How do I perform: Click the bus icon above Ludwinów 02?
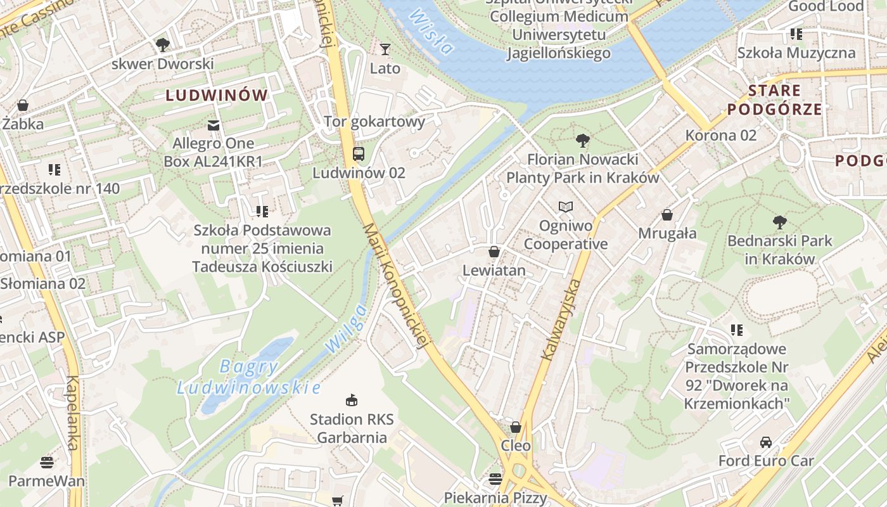click(x=359, y=153)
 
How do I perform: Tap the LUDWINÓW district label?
click(x=217, y=96)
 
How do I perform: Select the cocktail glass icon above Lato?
click(x=385, y=49)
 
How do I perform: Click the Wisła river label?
click(x=431, y=31)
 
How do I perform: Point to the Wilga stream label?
click(x=345, y=329)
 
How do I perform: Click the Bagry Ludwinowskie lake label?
click(x=248, y=377)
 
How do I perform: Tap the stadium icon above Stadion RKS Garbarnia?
click(x=352, y=400)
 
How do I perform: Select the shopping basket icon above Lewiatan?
click(x=494, y=252)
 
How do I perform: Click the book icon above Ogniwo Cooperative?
click(x=566, y=207)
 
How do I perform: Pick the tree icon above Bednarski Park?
click(x=780, y=222)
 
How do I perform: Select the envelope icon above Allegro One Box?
click(x=214, y=125)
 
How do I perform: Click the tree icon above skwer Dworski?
click(x=163, y=44)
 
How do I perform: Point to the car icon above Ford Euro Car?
click(x=766, y=442)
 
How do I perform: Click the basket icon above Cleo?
click(x=516, y=427)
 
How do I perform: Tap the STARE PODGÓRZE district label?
click(x=774, y=99)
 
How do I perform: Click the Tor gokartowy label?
click(x=374, y=121)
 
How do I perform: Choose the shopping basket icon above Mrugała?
click(x=667, y=215)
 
